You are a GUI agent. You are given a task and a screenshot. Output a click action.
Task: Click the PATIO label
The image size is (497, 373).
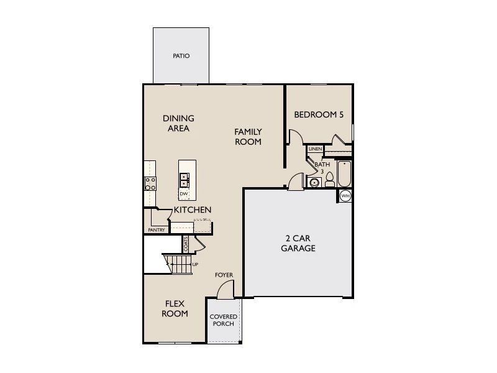point(181,56)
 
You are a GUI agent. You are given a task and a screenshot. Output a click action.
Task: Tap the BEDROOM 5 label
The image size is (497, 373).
point(319,114)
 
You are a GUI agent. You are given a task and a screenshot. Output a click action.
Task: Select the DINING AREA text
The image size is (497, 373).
point(178,123)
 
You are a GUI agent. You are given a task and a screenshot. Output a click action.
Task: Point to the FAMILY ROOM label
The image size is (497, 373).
point(248,137)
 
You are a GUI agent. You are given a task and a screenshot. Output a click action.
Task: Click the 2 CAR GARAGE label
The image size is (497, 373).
point(300,243)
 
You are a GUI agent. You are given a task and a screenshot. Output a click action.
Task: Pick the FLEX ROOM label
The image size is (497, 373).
point(175,308)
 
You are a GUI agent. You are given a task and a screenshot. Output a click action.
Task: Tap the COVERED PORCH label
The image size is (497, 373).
point(223,320)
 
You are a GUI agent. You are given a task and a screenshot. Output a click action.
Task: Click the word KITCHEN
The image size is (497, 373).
point(192,210)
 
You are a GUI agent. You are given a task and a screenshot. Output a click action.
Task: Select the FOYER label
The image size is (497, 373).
point(224,275)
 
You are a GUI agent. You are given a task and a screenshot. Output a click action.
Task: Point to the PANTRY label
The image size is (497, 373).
point(156,230)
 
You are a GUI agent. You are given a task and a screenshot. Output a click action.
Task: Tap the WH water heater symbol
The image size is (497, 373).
point(345,196)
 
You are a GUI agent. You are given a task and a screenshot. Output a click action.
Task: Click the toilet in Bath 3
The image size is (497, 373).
point(330,180)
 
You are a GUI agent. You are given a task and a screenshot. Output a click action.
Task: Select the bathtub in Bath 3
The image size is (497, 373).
point(344,173)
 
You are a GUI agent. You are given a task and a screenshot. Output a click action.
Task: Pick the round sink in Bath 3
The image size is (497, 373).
point(314,183)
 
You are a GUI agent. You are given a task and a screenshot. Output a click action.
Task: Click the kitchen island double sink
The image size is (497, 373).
point(185,180)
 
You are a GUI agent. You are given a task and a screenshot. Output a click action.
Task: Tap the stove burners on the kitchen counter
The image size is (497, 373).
point(150,183)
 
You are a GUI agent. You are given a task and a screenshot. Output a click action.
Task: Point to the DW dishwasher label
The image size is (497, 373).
point(184,194)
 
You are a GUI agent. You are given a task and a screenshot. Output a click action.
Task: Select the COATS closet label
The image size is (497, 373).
point(186,244)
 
